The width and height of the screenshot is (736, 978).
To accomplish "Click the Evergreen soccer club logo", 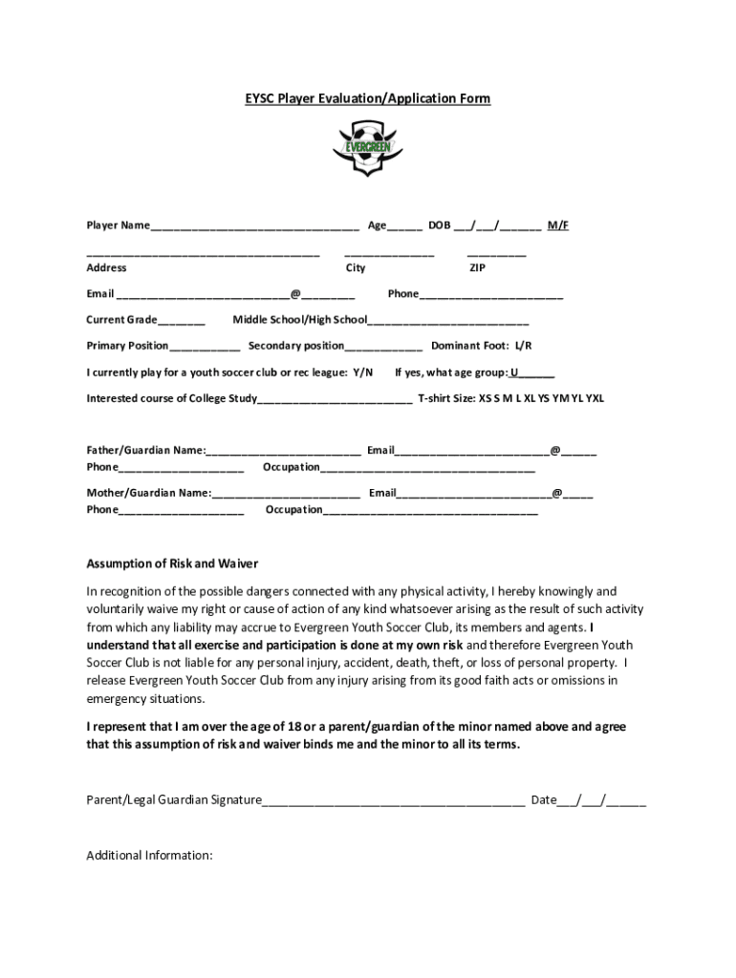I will [x=368, y=147].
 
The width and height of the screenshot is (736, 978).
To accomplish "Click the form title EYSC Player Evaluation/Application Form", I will [x=368, y=98].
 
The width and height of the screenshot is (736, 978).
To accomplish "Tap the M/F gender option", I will [x=557, y=225].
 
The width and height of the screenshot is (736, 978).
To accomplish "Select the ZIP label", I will [x=477, y=268].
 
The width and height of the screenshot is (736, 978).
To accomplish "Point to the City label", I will [x=356, y=268].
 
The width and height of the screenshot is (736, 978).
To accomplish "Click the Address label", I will [x=106, y=268].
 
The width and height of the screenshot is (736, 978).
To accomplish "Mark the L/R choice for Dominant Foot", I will [x=523, y=346].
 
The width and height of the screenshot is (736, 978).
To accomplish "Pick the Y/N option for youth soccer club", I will [x=362, y=372].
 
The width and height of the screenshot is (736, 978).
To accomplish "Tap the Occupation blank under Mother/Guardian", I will [x=430, y=512].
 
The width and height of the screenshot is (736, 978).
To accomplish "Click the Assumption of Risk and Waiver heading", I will [x=172, y=563].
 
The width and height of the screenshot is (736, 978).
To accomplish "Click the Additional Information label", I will [x=149, y=855].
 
